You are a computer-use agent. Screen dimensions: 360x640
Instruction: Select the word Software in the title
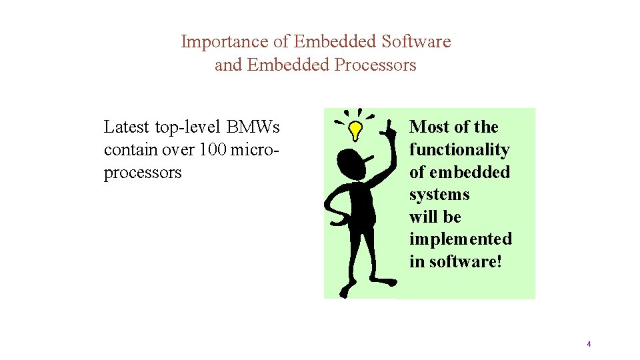pyautogui.click(x=416, y=42)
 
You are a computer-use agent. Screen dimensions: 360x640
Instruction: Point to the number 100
pyautogui.click(x=213, y=149)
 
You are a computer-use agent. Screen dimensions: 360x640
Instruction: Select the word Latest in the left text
pyautogui.click(x=127, y=127)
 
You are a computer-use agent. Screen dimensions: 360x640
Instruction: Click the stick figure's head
pyautogui.click(x=351, y=162)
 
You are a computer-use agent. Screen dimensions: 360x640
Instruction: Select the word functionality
pyautogui.click(x=459, y=149)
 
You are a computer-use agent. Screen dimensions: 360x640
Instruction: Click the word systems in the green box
pyautogui.click(x=439, y=195)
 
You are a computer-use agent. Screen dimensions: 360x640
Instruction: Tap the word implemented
pyautogui.click(x=461, y=239)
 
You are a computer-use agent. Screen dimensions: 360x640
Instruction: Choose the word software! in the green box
pyautogui.click(x=464, y=261)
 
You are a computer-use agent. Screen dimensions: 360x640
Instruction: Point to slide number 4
pyautogui.click(x=589, y=344)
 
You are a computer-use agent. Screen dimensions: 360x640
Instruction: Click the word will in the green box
pyautogui.click(x=422, y=217)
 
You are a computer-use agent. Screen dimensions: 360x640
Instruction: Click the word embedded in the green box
pyautogui.click(x=469, y=172)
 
